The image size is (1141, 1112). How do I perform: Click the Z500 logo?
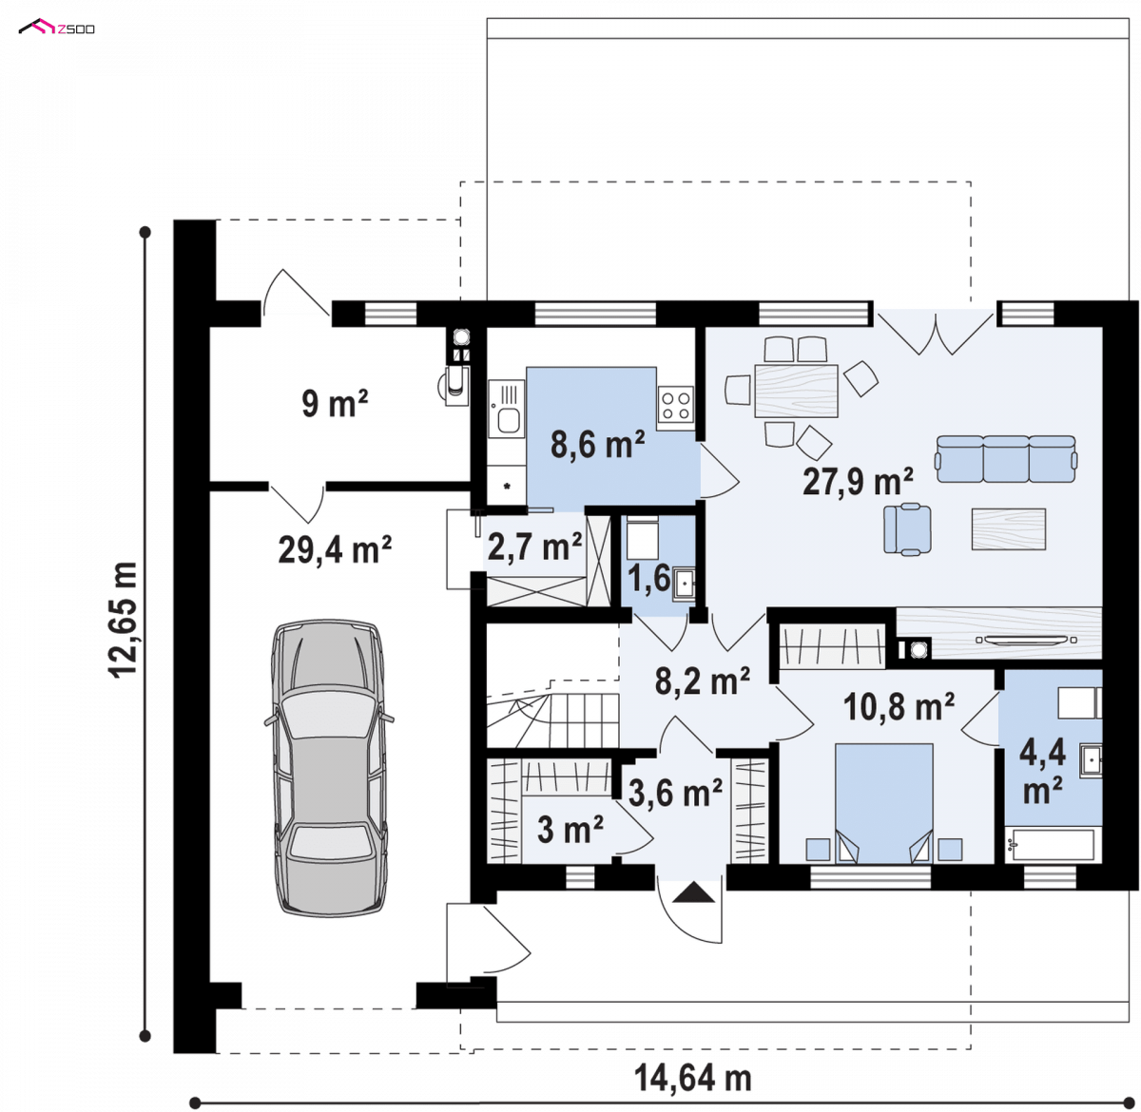coord(57,28)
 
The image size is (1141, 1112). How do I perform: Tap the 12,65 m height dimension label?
coord(124,621)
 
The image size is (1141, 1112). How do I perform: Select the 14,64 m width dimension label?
coord(692,1078)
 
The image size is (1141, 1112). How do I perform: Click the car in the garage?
coord(328,767)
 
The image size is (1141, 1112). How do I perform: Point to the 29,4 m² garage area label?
coord(335,550)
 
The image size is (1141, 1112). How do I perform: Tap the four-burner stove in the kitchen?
coord(675,405)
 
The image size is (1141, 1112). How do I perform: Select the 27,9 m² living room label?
coord(858,481)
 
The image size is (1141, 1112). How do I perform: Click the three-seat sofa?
coord(1006,458)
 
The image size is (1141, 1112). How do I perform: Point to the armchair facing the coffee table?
coord(907,528)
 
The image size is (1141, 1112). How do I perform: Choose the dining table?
coord(796,391)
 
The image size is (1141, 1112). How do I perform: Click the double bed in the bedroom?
coord(883,804)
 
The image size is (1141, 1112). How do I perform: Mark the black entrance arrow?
coord(693,892)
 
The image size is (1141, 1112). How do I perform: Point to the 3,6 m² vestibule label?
coord(675,793)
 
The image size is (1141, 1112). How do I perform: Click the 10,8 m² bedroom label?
coord(899,707)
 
